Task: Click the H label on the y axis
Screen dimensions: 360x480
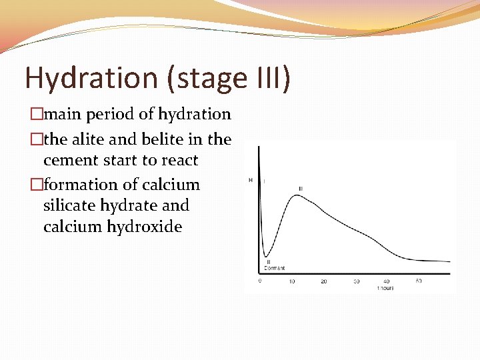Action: (x=251, y=180)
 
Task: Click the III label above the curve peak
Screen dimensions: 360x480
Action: (x=301, y=189)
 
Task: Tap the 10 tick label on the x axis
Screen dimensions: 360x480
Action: (x=291, y=281)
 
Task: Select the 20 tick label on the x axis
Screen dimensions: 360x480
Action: (x=323, y=281)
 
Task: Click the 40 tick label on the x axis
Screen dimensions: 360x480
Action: (x=387, y=281)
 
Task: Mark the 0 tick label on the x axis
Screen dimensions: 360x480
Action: (x=260, y=281)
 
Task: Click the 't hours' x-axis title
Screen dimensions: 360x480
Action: (x=385, y=289)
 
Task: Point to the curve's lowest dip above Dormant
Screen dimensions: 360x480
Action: (x=265, y=255)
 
